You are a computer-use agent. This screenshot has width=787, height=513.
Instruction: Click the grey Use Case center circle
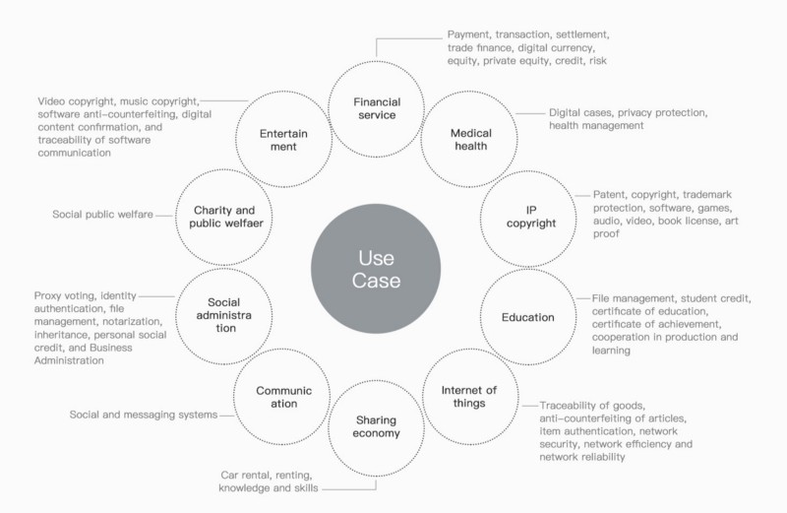(x=376, y=269)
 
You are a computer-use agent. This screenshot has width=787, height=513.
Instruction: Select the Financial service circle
(x=377, y=61)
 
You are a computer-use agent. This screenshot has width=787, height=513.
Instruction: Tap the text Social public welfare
(x=102, y=215)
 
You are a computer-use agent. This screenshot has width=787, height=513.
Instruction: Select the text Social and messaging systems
(x=144, y=415)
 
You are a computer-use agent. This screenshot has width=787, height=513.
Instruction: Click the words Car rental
(x=241, y=475)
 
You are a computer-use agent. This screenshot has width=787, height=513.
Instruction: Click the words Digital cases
(x=580, y=112)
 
